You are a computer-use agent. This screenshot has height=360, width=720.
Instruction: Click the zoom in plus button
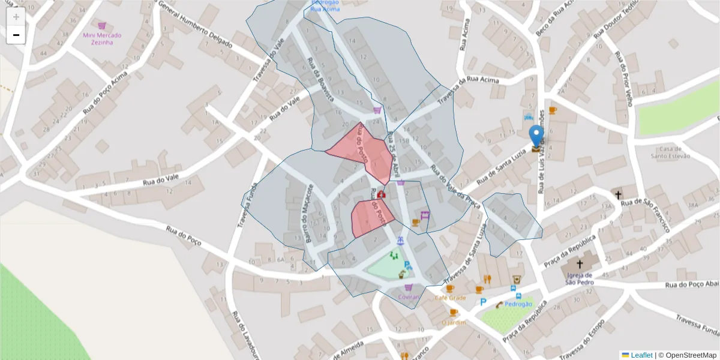[x=16, y=17]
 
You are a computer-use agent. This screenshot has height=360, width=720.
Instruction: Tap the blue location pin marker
[x=536, y=136]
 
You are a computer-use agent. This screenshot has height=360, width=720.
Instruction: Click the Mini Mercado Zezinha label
[x=102, y=39]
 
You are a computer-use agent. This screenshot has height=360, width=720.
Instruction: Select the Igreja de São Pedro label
[x=580, y=280]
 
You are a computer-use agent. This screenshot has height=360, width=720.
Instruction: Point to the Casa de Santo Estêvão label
[x=670, y=152]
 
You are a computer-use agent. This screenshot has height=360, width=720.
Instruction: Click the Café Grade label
[x=450, y=298]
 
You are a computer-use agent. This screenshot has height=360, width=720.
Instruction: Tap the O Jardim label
[x=454, y=322]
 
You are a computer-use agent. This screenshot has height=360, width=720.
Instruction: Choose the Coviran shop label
[x=408, y=297]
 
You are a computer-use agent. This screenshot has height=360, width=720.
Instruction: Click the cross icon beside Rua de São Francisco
[x=618, y=195]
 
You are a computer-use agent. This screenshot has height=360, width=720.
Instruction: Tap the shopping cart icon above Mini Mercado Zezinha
[x=102, y=26]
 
